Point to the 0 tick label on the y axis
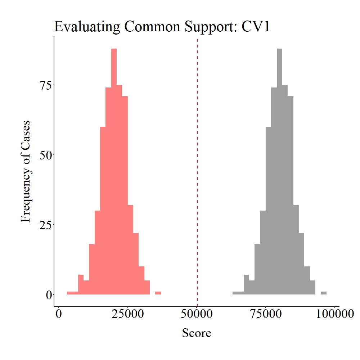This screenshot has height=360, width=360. coord(48,294)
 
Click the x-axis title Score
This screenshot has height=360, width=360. coord(197,333)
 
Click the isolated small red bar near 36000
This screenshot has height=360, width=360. coord(158,293)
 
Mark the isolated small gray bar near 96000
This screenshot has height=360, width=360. coord(324,293)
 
